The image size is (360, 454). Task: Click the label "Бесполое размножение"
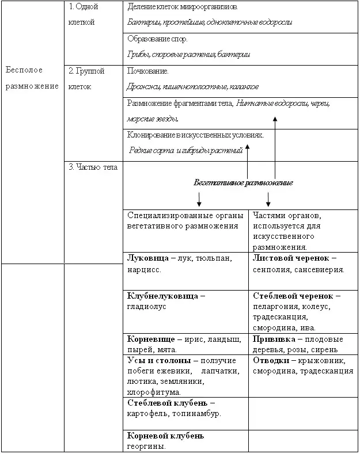32,78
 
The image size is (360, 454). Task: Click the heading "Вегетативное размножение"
244,182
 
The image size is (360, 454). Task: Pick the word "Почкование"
147,71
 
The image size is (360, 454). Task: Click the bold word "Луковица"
146,257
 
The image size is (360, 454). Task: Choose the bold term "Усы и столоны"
157,360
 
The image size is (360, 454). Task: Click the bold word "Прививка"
273,339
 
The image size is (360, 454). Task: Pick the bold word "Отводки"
271,360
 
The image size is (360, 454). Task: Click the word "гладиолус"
146,307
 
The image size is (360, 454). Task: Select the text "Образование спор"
157,39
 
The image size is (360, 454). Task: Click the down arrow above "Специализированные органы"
199,200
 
